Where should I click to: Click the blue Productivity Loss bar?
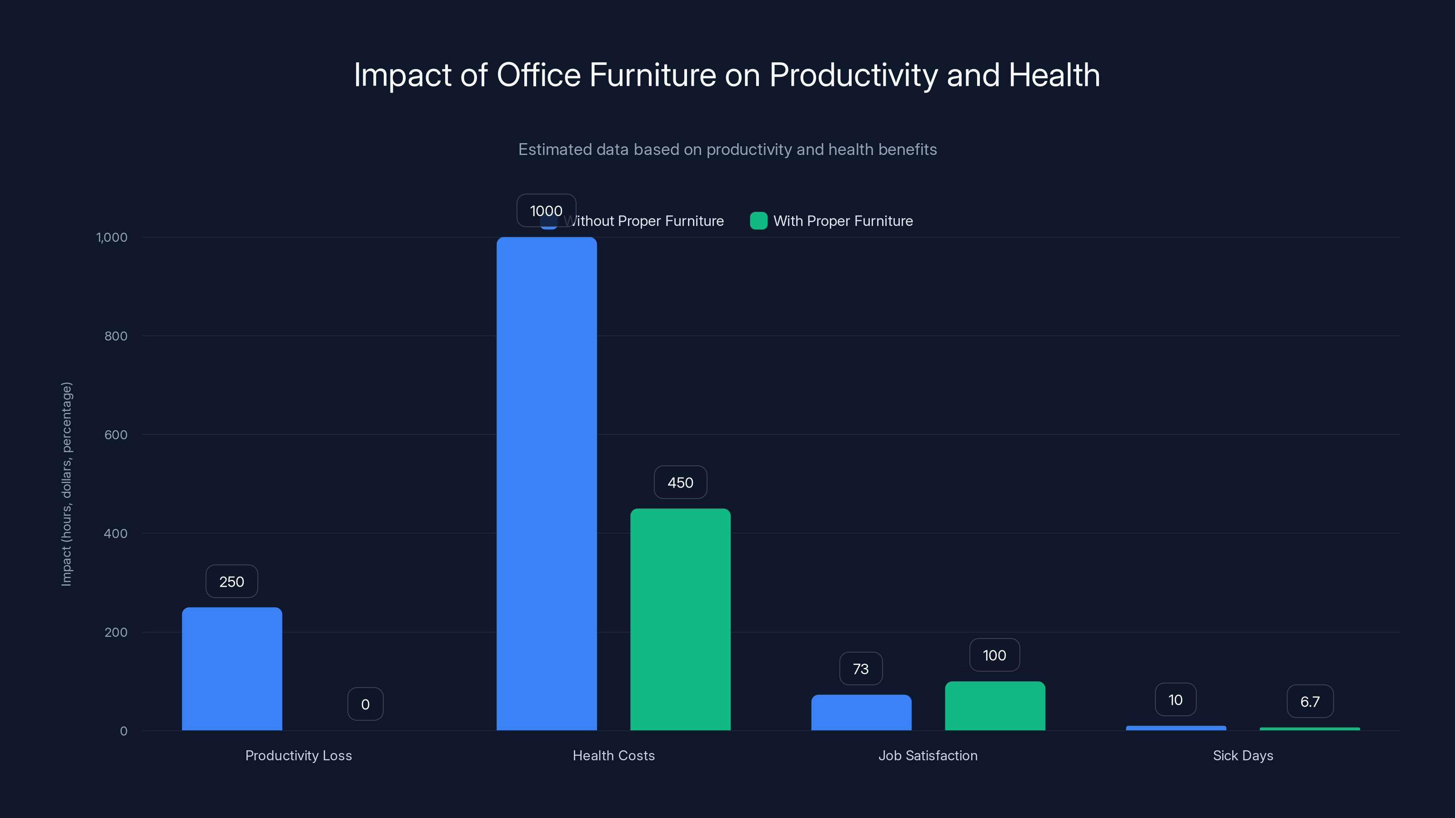[231, 669]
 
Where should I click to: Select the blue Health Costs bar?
[546, 485]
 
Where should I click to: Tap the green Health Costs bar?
[680, 620]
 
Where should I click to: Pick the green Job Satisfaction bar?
[995, 706]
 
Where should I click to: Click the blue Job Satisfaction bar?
[861, 713]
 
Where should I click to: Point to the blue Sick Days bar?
[1175, 728]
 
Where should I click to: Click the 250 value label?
[231, 582]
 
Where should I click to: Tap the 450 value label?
[680, 483]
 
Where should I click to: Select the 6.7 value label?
[1310, 702]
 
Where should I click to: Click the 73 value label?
[861, 669]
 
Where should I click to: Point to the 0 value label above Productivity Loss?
[366, 704]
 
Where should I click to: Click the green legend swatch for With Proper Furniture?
[758, 221]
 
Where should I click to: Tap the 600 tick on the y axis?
[116, 435]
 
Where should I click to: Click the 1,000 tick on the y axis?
[112, 237]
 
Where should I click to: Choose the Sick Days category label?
[1243, 755]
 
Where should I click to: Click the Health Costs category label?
[613, 755]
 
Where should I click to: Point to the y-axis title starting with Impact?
[67, 484]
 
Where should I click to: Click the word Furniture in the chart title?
[652, 75]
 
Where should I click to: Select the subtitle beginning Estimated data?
[727, 150]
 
